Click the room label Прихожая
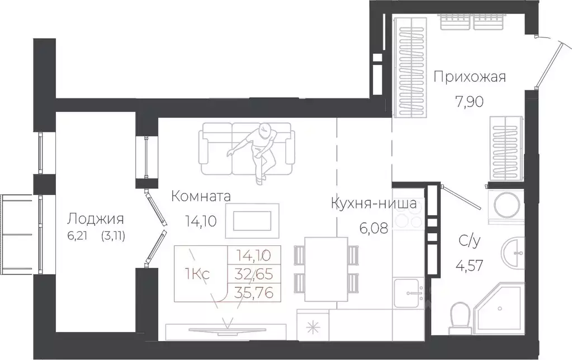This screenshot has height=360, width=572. (x=470, y=77)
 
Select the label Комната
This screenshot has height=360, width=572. (x=201, y=196)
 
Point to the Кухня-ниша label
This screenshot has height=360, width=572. (x=374, y=203)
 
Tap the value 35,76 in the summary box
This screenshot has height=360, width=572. (x=255, y=291)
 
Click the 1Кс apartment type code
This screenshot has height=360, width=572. (x=197, y=274)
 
